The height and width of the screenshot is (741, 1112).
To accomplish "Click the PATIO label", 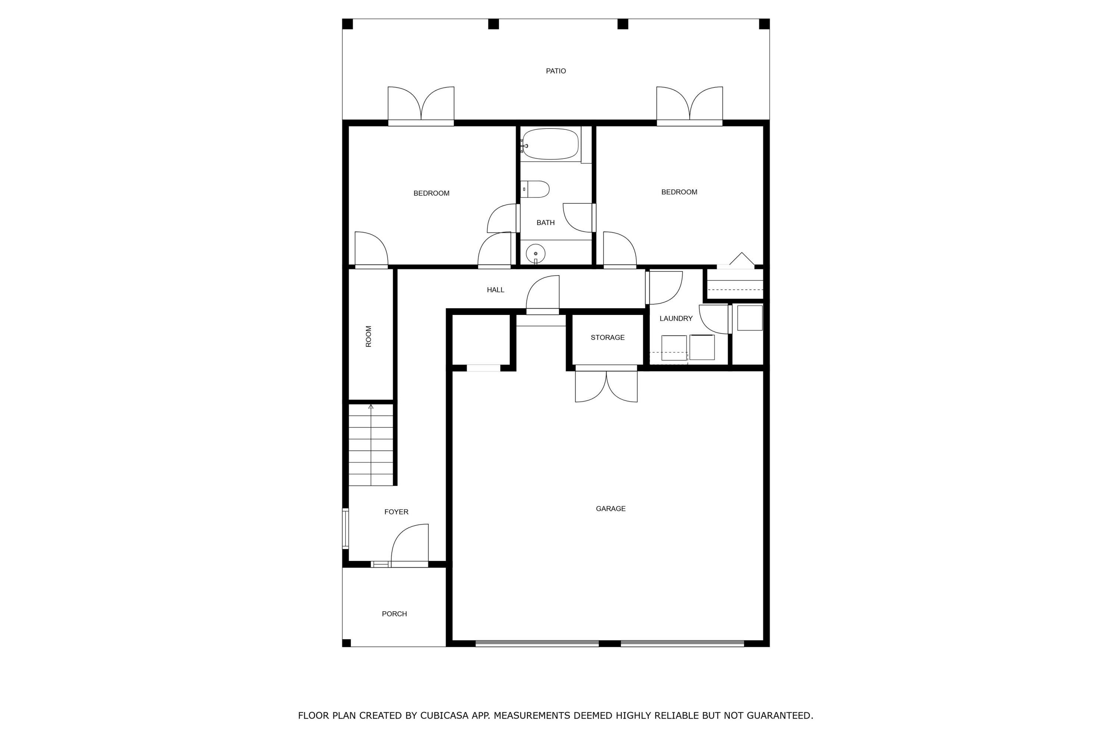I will click(x=556, y=71).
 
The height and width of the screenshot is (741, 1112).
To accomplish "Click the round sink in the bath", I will click(x=536, y=254).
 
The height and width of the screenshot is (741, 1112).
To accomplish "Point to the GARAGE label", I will click(x=610, y=508).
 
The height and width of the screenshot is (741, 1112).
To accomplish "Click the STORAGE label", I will click(x=608, y=338).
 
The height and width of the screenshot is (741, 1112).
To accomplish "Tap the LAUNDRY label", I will click(x=676, y=319).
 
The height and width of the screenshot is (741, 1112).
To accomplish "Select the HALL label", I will click(x=496, y=290).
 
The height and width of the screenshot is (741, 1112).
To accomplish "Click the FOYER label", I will click(x=396, y=512).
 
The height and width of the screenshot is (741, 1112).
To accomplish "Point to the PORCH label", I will click(x=394, y=614).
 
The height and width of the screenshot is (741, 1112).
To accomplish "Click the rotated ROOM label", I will click(x=369, y=336).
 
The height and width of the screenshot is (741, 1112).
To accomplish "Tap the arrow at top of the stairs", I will click(x=371, y=406).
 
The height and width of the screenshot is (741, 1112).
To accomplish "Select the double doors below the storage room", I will click(x=606, y=386).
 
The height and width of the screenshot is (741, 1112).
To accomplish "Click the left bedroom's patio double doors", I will click(x=421, y=104).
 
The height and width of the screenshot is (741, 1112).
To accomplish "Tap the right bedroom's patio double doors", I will click(x=689, y=104).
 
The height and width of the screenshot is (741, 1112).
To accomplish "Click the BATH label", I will click(x=545, y=223).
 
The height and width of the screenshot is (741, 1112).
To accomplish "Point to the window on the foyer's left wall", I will click(x=345, y=528).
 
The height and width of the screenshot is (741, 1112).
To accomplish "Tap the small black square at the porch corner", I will click(x=347, y=643).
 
